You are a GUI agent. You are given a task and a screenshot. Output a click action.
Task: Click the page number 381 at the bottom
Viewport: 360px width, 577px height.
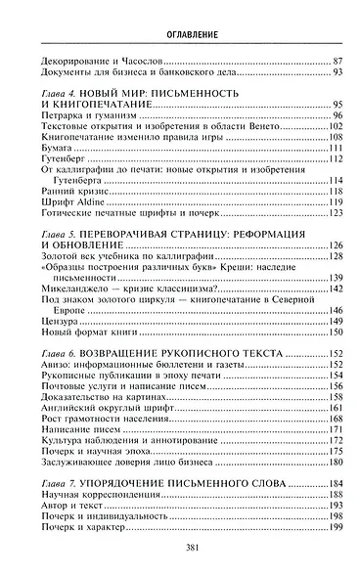pos(179,549)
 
